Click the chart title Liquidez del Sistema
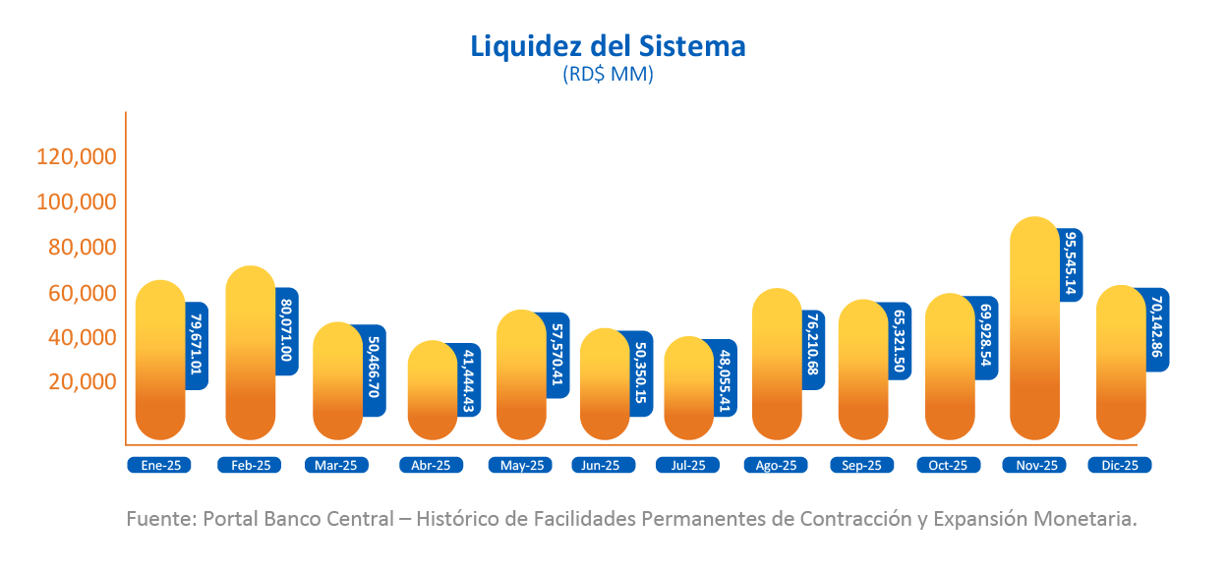[608, 46]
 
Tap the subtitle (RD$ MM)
[608, 75]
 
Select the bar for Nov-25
[1034, 329]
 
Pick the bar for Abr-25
[432, 390]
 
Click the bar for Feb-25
[250, 354]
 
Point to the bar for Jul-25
[688, 388]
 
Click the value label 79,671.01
[197, 345]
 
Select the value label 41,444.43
[468, 379]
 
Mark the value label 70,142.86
[1157, 329]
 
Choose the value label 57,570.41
[558, 355]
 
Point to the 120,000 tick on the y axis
[77, 156]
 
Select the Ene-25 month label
[158, 466]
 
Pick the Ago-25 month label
[776, 466]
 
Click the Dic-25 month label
[1120, 466]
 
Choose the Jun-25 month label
[601, 466]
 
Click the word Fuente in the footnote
[158, 518]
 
